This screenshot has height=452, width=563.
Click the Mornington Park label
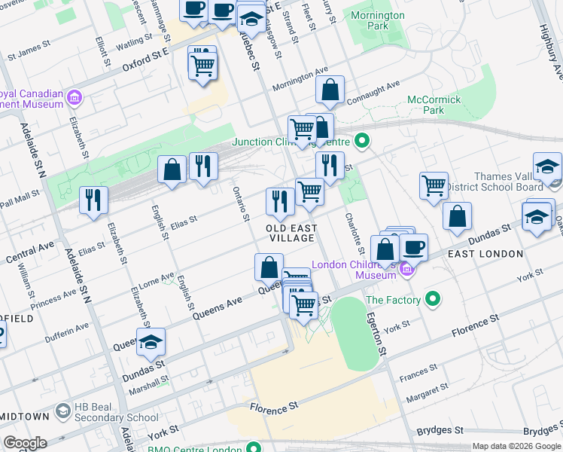[x=378, y=20]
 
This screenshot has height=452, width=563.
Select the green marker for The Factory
[x=433, y=300]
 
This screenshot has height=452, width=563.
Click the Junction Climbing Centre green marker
[x=362, y=141]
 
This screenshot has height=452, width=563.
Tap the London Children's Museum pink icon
[x=407, y=268]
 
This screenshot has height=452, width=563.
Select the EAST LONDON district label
[x=481, y=254]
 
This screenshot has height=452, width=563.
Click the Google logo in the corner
[x=25, y=443]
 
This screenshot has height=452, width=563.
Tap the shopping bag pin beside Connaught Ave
[x=330, y=91]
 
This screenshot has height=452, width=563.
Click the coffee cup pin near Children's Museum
[x=413, y=247]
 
